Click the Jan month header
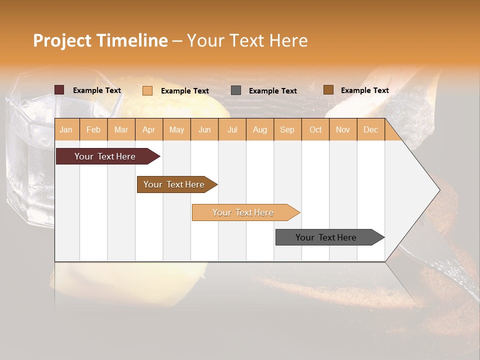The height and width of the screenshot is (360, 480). (x=66, y=129)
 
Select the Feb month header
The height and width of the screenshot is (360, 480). (x=93, y=129)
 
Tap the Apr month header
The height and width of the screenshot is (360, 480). (x=149, y=129)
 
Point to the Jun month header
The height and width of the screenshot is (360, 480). (x=204, y=129)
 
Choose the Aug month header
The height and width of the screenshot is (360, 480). (x=260, y=129)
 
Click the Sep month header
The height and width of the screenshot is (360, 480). (x=287, y=129)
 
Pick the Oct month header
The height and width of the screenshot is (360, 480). (x=315, y=129)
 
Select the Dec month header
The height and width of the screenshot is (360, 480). (x=371, y=129)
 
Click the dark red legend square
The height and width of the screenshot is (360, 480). (x=59, y=90)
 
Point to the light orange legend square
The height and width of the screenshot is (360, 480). (x=147, y=90)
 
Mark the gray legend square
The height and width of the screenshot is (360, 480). (x=236, y=90)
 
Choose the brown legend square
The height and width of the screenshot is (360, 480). (x=328, y=90)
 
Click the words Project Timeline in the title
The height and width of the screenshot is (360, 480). (x=100, y=40)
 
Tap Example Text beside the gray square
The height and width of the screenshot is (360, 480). (x=272, y=90)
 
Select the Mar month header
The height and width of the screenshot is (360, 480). (x=121, y=129)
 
